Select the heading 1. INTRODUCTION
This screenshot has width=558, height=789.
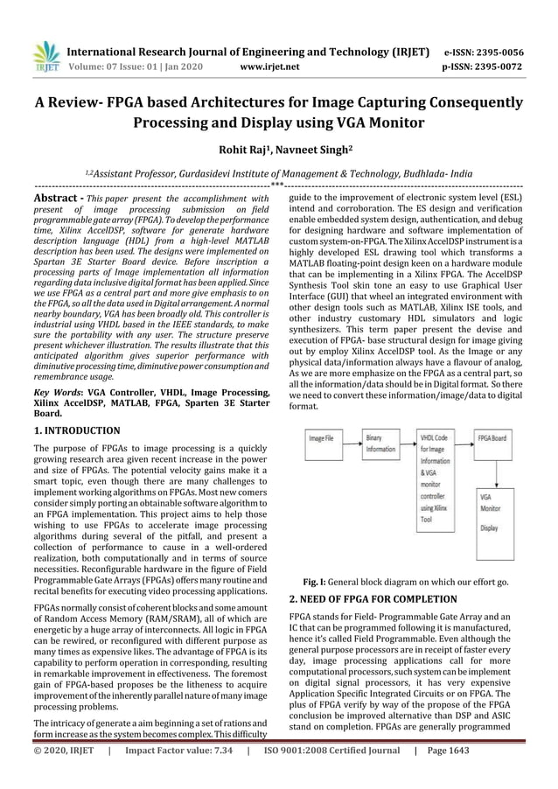[77, 430]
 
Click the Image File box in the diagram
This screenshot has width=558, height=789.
[324, 438]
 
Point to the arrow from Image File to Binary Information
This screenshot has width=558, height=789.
[350, 438]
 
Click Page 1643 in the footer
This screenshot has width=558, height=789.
[450, 774]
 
